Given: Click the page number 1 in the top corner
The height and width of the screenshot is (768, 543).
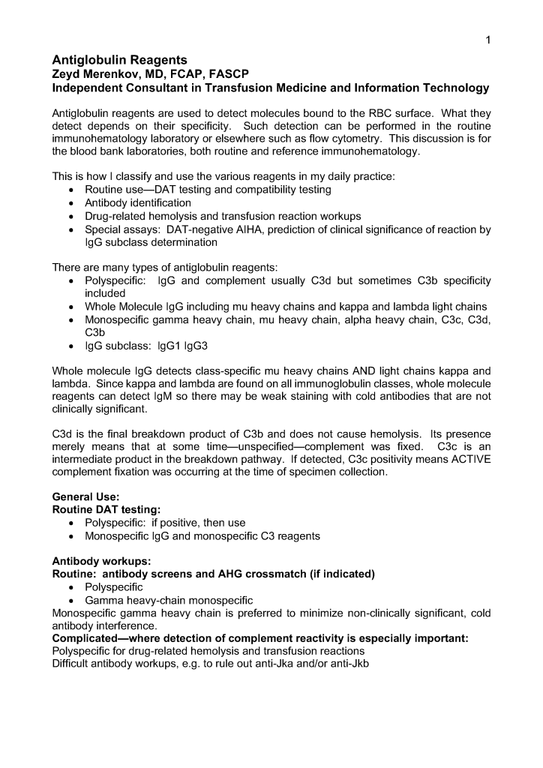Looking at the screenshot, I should pyautogui.click(x=487, y=40).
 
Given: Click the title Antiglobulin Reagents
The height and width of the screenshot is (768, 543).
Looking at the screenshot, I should pyautogui.click(x=119, y=59).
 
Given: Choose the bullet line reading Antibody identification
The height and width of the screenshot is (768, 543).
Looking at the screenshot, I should pyautogui.click(x=138, y=202).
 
